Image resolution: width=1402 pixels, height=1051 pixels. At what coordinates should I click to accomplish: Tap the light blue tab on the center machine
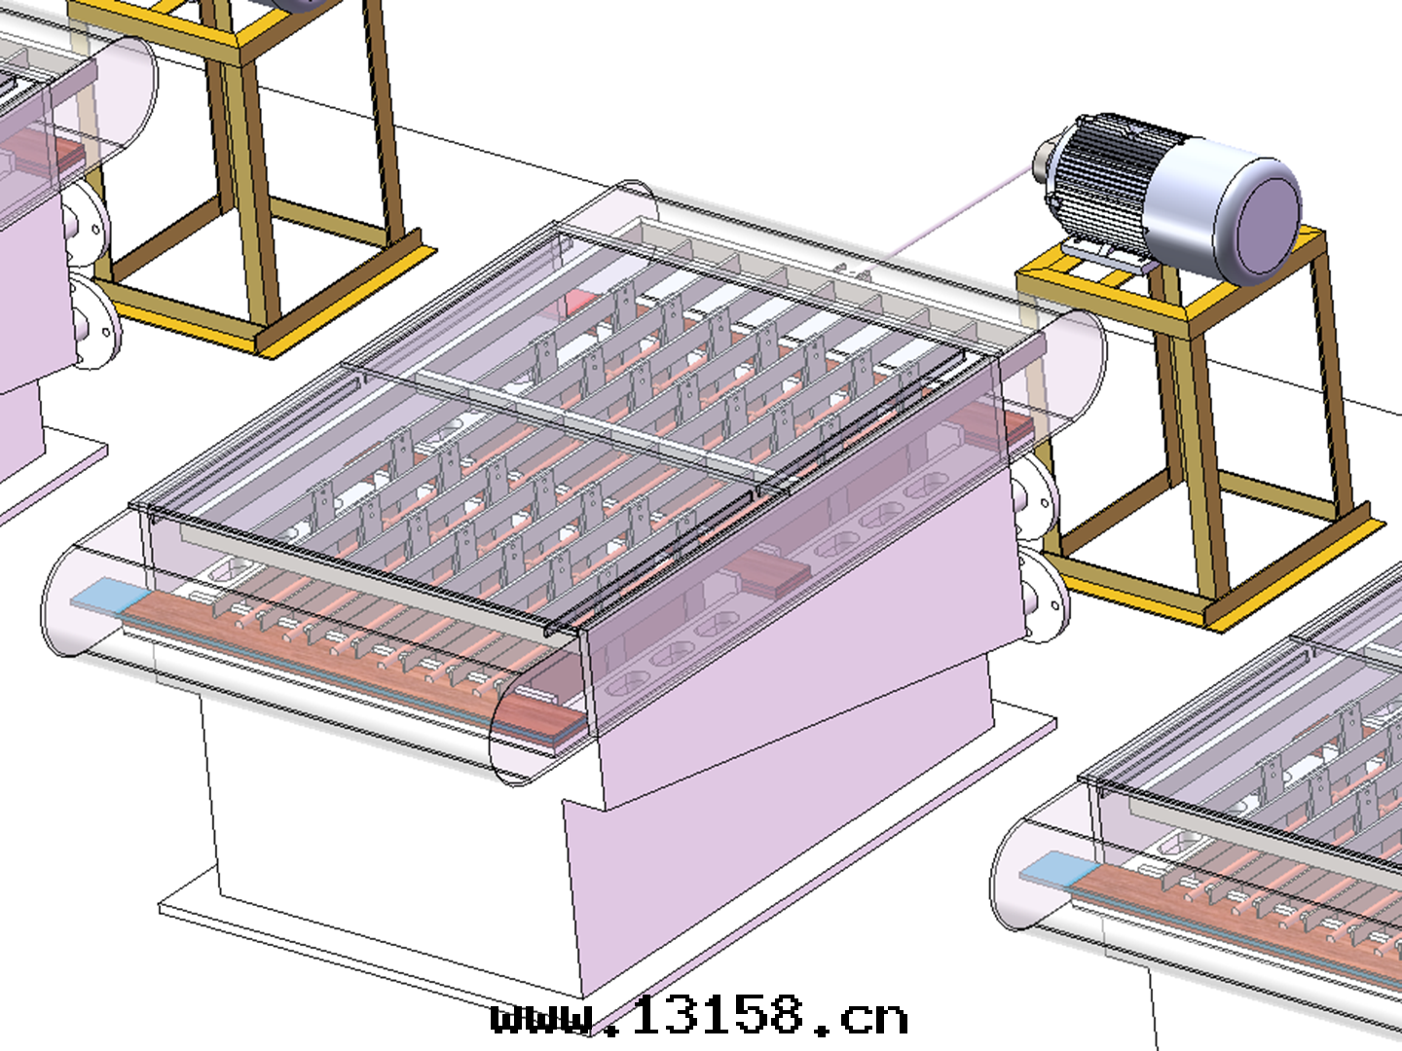pyautogui.click(x=110, y=594)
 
